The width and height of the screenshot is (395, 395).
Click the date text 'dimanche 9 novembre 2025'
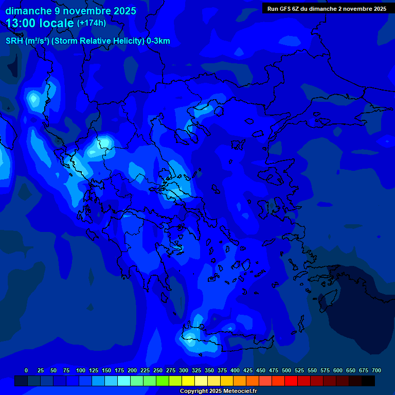[x=70, y=11]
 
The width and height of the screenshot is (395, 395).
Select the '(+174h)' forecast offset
[x=92, y=23]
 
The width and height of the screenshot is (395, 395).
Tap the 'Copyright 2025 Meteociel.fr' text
[x=218, y=391]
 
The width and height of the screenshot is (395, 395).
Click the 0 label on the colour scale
[x=26, y=370]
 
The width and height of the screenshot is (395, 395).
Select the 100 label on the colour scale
[x=81, y=370]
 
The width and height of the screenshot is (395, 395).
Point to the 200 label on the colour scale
[x=132, y=370]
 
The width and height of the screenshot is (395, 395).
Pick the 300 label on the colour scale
[x=184, y=370]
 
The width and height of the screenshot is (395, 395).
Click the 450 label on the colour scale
[x=261, y=370]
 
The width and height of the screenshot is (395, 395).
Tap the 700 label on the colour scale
[x=376, y=370]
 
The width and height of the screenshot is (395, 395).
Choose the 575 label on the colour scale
[x=325, y=370]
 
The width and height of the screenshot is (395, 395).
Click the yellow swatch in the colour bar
[x=188, y=381]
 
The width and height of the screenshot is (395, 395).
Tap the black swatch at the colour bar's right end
[x=368, y=381]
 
